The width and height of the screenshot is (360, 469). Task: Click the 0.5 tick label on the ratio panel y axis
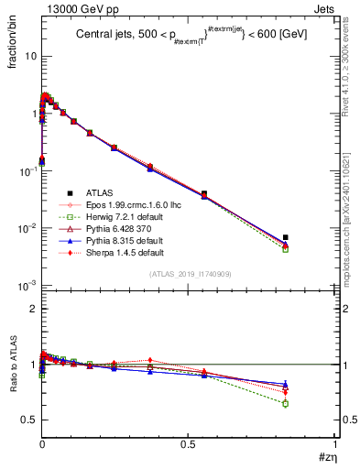pos(27,420)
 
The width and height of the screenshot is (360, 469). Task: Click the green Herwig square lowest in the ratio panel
pos(286,403)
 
